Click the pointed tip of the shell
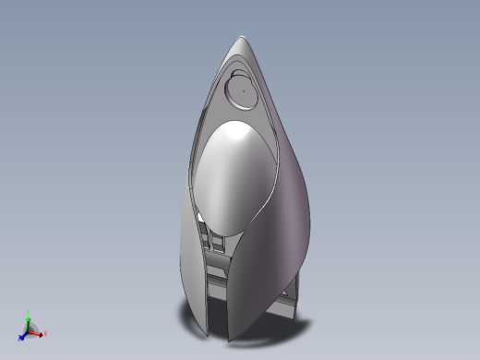point(242,38)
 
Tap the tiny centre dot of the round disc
point(244,90)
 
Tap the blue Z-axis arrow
point(22,336)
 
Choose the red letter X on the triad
point(45,334)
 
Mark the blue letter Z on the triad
point(19,341)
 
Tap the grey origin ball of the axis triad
point(29,330)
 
